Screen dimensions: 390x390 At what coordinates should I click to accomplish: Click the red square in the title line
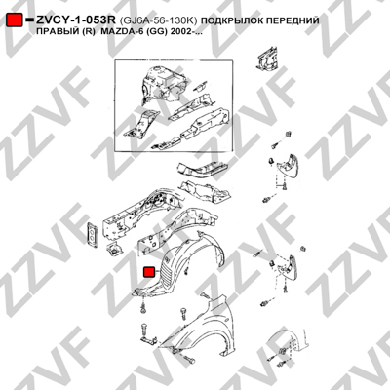pyautogui.click(x=15, y=20)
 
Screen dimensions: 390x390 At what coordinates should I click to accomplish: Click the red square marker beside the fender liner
pyautogui.click(x=150, y=272)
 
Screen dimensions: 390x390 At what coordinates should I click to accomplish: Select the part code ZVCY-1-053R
pyautogui.click(x=76, y=20)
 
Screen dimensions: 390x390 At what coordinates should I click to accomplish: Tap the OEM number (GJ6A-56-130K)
pyautogui.click(x=158, y=21)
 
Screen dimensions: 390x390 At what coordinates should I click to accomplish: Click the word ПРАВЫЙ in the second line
pyautogui.click(x=55, y=32)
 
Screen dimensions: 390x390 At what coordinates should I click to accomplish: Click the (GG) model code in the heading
pyautogui.click(x=152, y=32)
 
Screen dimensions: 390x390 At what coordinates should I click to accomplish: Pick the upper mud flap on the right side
pyautogui.click(x=287, y=169)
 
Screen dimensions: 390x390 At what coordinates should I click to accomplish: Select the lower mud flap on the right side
pyautogui.click(x=287, y=268)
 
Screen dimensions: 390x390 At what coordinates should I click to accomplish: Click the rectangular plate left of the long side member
pyautogui.click(x=92, y=233)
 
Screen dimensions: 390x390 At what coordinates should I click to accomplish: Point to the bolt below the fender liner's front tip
pyautogui.click(x=143, y=307)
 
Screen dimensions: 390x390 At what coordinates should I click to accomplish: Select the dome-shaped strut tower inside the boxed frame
pyautogui.click(x=163, y=83)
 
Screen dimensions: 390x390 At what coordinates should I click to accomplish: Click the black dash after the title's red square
pyautogui.click(x=29, y=20)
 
